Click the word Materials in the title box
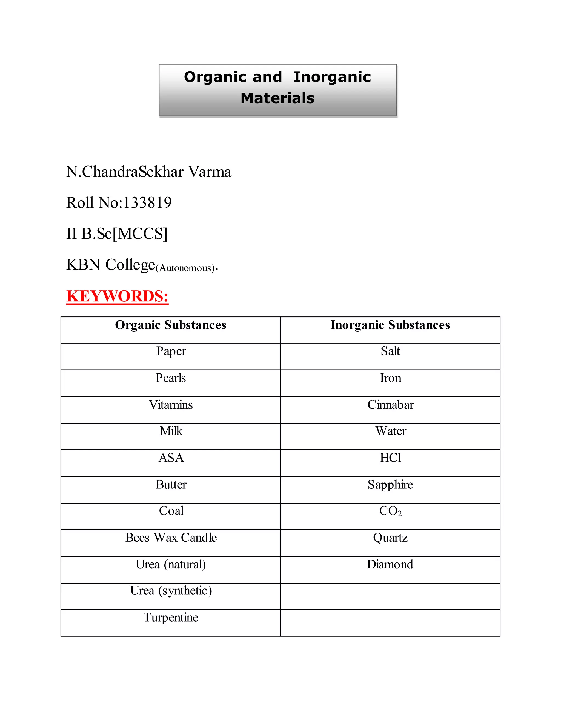pos(277,98)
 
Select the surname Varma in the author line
pos(210,172)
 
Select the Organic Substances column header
pos(170,325)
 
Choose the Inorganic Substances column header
pos(390,325)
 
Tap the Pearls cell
pos(170,378)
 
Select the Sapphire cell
pos(390,485)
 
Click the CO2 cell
pos(390,511)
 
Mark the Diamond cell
pos(390,564)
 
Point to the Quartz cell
pos(390,538)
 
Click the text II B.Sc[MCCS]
pos(117,234)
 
